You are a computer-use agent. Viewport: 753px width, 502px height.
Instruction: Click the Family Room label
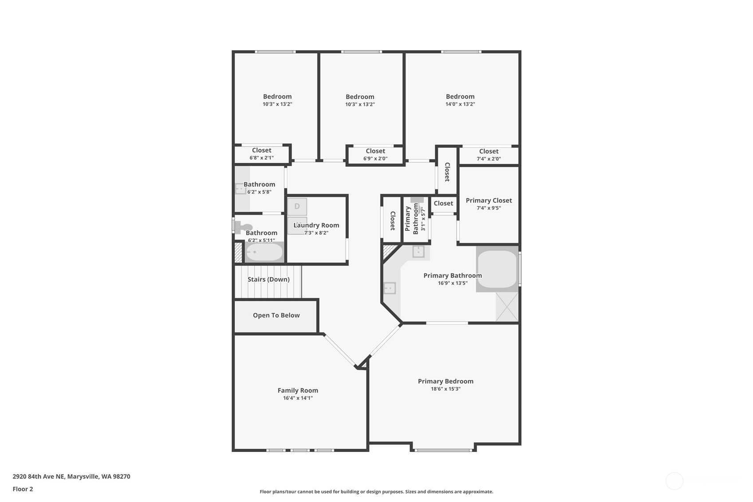[298, 390]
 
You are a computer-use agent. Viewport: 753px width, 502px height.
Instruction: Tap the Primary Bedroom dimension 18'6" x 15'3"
[446, 389]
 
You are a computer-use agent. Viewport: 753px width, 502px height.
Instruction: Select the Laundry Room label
[316, 225]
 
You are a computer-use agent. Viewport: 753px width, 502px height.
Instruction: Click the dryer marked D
[297, 206]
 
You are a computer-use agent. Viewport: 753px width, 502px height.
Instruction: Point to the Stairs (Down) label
[268, 280]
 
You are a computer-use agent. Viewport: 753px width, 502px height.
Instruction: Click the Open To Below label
[276, 316]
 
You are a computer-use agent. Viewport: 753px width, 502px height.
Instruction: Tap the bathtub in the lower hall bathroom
[264, 252]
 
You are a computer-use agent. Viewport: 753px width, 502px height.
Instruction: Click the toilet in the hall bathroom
[243, 228]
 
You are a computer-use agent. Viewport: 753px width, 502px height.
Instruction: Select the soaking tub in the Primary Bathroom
[497, 269]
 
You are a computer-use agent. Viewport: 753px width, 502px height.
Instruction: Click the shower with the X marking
[507, 307]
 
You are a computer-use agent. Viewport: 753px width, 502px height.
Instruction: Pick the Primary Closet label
[489, 200]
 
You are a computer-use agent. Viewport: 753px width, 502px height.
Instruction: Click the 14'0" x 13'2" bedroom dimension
[460, 104]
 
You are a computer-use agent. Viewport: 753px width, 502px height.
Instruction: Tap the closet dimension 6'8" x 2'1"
[261, 158]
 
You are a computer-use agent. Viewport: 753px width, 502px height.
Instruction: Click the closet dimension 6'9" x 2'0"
[375, 159]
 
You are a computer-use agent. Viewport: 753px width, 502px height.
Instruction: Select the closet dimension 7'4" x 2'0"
[489, 159]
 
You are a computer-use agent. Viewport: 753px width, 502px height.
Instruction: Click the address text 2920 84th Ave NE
[38, 476]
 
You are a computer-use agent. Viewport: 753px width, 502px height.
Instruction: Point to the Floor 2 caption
[23, 489]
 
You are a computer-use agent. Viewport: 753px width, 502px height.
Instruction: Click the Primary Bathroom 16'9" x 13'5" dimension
[453, 284]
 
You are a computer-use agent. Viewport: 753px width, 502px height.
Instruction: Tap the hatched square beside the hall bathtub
[238, 253]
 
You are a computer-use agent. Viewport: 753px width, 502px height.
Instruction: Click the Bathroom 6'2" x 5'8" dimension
[259, 192]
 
